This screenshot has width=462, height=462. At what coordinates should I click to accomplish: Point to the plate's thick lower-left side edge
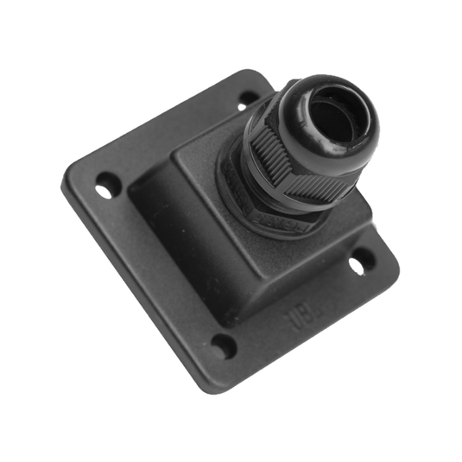coord(138,294)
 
